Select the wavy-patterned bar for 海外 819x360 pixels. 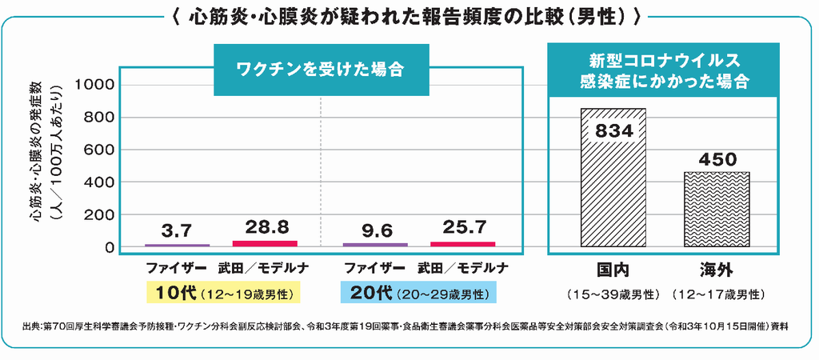click(x=717, y=210)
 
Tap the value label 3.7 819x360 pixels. click(x=176, y=230)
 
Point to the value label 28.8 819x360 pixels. click(x=264, y=226)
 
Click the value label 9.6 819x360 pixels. click(x=375, y=230)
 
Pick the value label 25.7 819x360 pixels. click(x=462, y=228)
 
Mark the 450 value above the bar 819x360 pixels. click(x=717, y=160)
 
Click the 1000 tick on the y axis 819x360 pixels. click(x=96, y=85)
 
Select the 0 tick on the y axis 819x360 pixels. click(x=110, y=248)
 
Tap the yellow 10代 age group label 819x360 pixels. click(x=222, y=292)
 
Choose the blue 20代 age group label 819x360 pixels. click(x=418, y=292)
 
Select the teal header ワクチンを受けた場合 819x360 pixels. click(x=319, y=69)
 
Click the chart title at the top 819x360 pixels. click(x=409, y=16)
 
